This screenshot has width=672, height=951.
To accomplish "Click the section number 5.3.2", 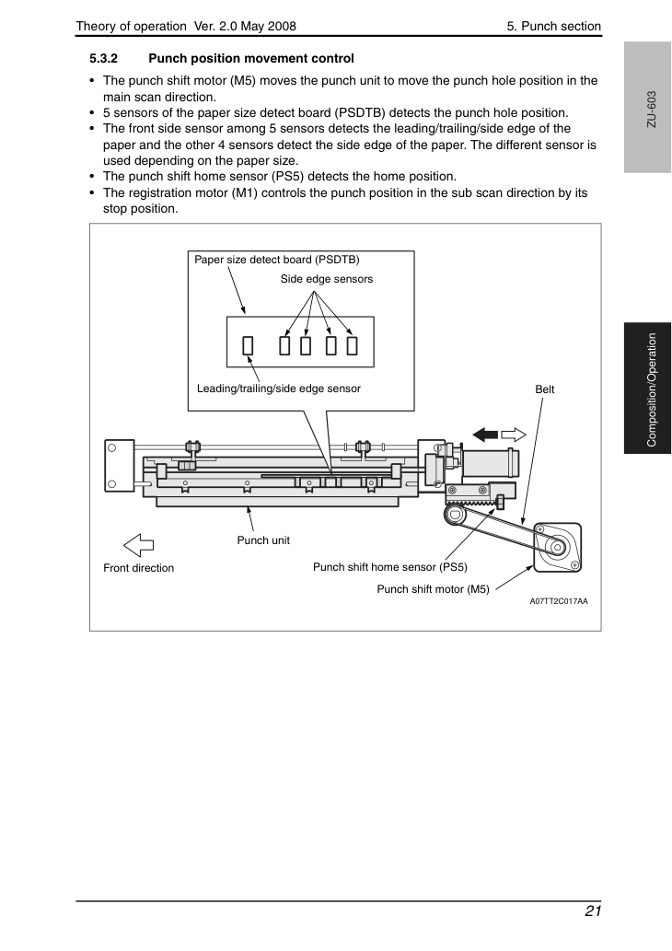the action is [x=104, y=59].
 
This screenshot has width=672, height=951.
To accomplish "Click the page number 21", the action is [x=593, y=911].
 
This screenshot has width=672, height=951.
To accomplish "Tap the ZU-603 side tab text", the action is [x=652, y=110].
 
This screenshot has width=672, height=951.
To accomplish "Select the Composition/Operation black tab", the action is [x=647, y=389].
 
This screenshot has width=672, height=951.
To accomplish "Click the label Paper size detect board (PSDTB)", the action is [x=276, y=260].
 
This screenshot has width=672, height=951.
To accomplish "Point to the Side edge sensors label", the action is [x=326, y=279].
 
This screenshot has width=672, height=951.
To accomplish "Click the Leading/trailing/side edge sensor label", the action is [x=278, y=389].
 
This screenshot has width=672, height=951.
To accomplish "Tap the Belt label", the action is [x=545, y=389].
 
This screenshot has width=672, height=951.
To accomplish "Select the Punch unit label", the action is [x=263, y=540].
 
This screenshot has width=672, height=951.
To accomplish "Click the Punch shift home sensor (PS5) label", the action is [x=390, y=567].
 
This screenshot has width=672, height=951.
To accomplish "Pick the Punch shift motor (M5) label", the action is [x=433, y=589].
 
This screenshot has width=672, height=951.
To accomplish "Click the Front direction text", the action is [x=138, y=568].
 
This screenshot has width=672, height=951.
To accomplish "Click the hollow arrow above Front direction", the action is [x=139, y=545].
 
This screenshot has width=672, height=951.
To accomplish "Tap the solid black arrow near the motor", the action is [x=485, y=435].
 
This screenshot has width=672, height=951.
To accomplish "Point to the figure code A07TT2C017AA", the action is [x=559, y=602].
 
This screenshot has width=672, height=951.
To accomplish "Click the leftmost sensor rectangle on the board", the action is [x=248, y=346].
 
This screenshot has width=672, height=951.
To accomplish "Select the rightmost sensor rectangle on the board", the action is [x=352, y=346].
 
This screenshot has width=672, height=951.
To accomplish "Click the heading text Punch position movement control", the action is [x=251, y=59].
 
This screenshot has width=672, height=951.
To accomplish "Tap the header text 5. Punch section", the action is [x=554, y=26].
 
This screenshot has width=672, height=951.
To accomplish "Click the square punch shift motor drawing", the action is [x=557, y=548].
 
